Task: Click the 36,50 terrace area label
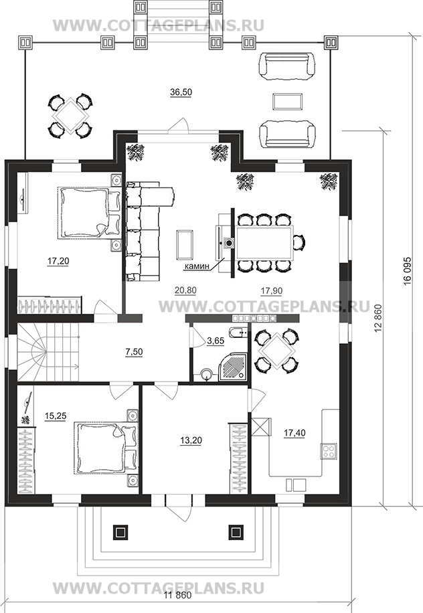tap(181, 92)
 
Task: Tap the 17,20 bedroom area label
tap(58, 261)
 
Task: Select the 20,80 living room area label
tap(185, 290)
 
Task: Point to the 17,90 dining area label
tap(271, 291)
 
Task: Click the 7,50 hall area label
tap(134, 352)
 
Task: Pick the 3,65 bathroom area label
tap(216, 341)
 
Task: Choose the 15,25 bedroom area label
tap(56, 417)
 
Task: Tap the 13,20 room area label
tap(191, 440)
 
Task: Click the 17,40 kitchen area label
tap(294, 433)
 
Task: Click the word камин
tap(197, 266)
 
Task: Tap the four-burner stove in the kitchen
tap(329, 451)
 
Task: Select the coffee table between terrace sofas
tap(287, 102)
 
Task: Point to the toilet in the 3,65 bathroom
tap(206, 375)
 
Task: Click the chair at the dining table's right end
tap(299, 242)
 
